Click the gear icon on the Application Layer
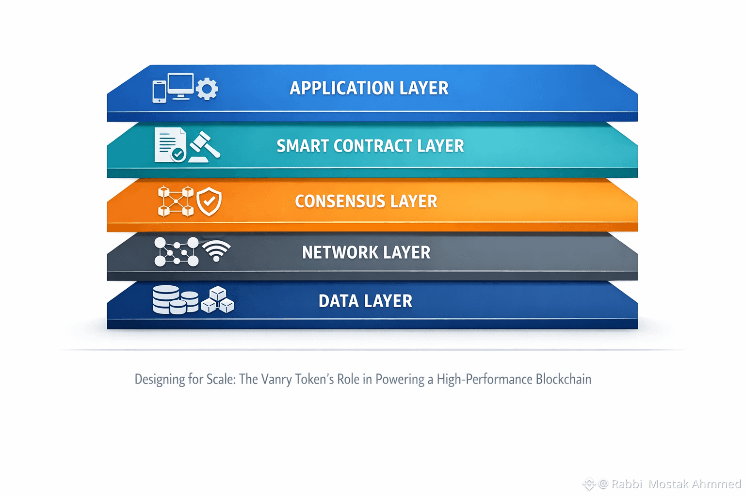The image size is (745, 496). pos(207,89)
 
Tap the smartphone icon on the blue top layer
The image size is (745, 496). pos(159,92)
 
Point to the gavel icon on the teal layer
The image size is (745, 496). pos(205,146)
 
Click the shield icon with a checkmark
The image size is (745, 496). pos(209,201)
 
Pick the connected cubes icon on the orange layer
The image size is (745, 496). pos(176,201)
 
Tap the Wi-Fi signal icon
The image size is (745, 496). pos(216,250)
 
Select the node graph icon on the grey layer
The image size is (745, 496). pos(176,252)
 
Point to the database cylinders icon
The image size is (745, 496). pos(175,300)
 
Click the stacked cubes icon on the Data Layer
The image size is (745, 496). pos(217,300)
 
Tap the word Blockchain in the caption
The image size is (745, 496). pos(563,379)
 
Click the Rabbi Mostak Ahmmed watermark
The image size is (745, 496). pos(669,484)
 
